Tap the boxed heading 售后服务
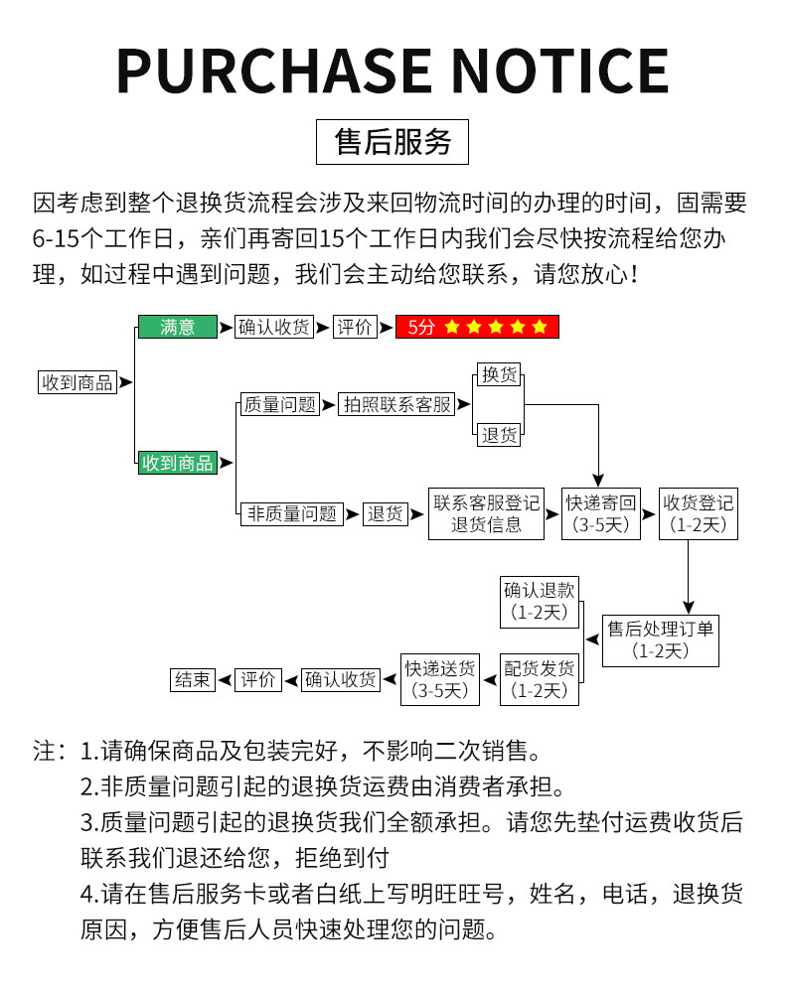392,142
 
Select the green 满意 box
177,327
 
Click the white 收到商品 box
77,382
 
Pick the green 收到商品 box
177,462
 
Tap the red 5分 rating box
477,327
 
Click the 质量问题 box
279,404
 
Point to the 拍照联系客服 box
395,404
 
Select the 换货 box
499,374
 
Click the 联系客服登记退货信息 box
486,513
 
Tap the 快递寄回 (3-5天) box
601,513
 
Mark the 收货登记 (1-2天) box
699,513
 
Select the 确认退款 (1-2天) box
539,600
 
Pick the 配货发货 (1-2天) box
539,678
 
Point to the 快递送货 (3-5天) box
439,678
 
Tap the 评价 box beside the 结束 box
258,679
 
